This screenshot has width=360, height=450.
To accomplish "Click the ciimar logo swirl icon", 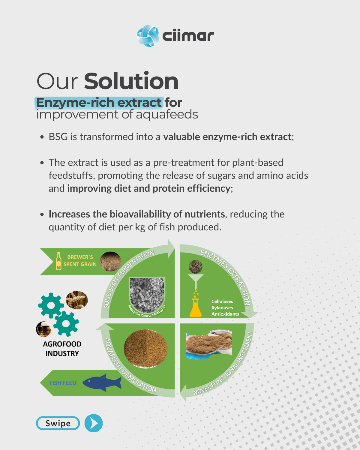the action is pos(148,36).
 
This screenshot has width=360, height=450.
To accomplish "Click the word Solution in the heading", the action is pos(131,81).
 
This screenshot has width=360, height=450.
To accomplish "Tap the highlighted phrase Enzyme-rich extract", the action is pos(99,103).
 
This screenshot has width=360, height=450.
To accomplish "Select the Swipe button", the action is pos(58,423).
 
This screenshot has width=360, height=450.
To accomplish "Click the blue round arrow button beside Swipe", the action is pos(94,423).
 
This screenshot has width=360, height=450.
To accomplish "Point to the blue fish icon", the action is pos(102,383).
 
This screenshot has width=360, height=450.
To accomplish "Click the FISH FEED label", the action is pos(63,383).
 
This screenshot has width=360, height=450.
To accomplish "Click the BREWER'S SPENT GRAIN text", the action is pos(80,261).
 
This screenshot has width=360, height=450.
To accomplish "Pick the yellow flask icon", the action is pos(195,307).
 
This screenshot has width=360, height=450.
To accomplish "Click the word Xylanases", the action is pos(222,307).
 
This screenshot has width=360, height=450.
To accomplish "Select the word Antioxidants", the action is pos(225,314).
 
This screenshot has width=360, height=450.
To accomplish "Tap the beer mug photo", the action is pos(44,329).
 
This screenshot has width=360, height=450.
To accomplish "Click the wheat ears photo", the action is pos(77,300).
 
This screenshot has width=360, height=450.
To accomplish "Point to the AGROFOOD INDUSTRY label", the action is pos(62,349).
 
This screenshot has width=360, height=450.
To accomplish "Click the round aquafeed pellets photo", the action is pos(145,348).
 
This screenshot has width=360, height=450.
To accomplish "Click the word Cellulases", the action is pos(222,301).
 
